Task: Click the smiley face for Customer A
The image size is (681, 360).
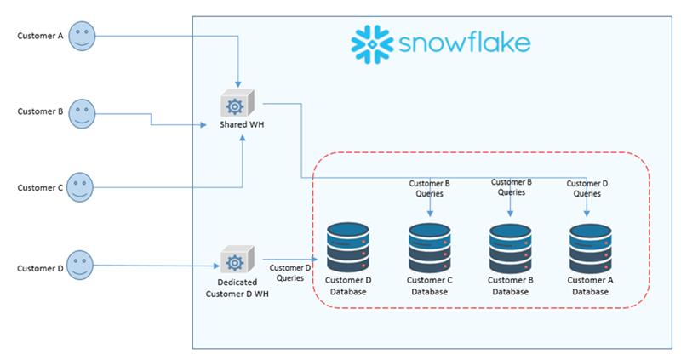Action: coord(82,36)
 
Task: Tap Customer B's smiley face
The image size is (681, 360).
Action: coord(82,114)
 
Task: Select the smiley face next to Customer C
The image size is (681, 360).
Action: coord(80,187)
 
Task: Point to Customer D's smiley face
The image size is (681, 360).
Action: coord(80,265)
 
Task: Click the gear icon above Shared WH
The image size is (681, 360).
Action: coord(237,103)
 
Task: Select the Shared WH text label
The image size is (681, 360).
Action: coord(242,124)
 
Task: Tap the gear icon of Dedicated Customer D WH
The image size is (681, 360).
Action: coord(237,260)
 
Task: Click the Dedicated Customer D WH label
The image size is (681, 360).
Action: coord(237,288)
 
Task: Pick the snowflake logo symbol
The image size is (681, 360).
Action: coord(372,44)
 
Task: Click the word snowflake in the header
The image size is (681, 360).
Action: coord(464,43)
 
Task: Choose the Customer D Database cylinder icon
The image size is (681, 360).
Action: coord(348,247)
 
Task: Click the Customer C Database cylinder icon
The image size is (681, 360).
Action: coord(430,247)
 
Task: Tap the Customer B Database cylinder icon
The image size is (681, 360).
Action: coord(510,247)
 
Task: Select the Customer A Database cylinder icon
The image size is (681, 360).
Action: coord(590,247)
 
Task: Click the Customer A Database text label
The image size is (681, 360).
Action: coord(590,286)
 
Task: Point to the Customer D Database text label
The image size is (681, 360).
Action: coord(348,286)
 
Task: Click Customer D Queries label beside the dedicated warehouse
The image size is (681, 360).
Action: coord(290,272)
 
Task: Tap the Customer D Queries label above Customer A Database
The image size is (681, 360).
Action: coord(587,188)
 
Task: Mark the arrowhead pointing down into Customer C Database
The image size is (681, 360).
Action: coord(430,214)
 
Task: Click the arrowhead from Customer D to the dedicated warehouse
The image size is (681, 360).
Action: coord(216,266)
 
